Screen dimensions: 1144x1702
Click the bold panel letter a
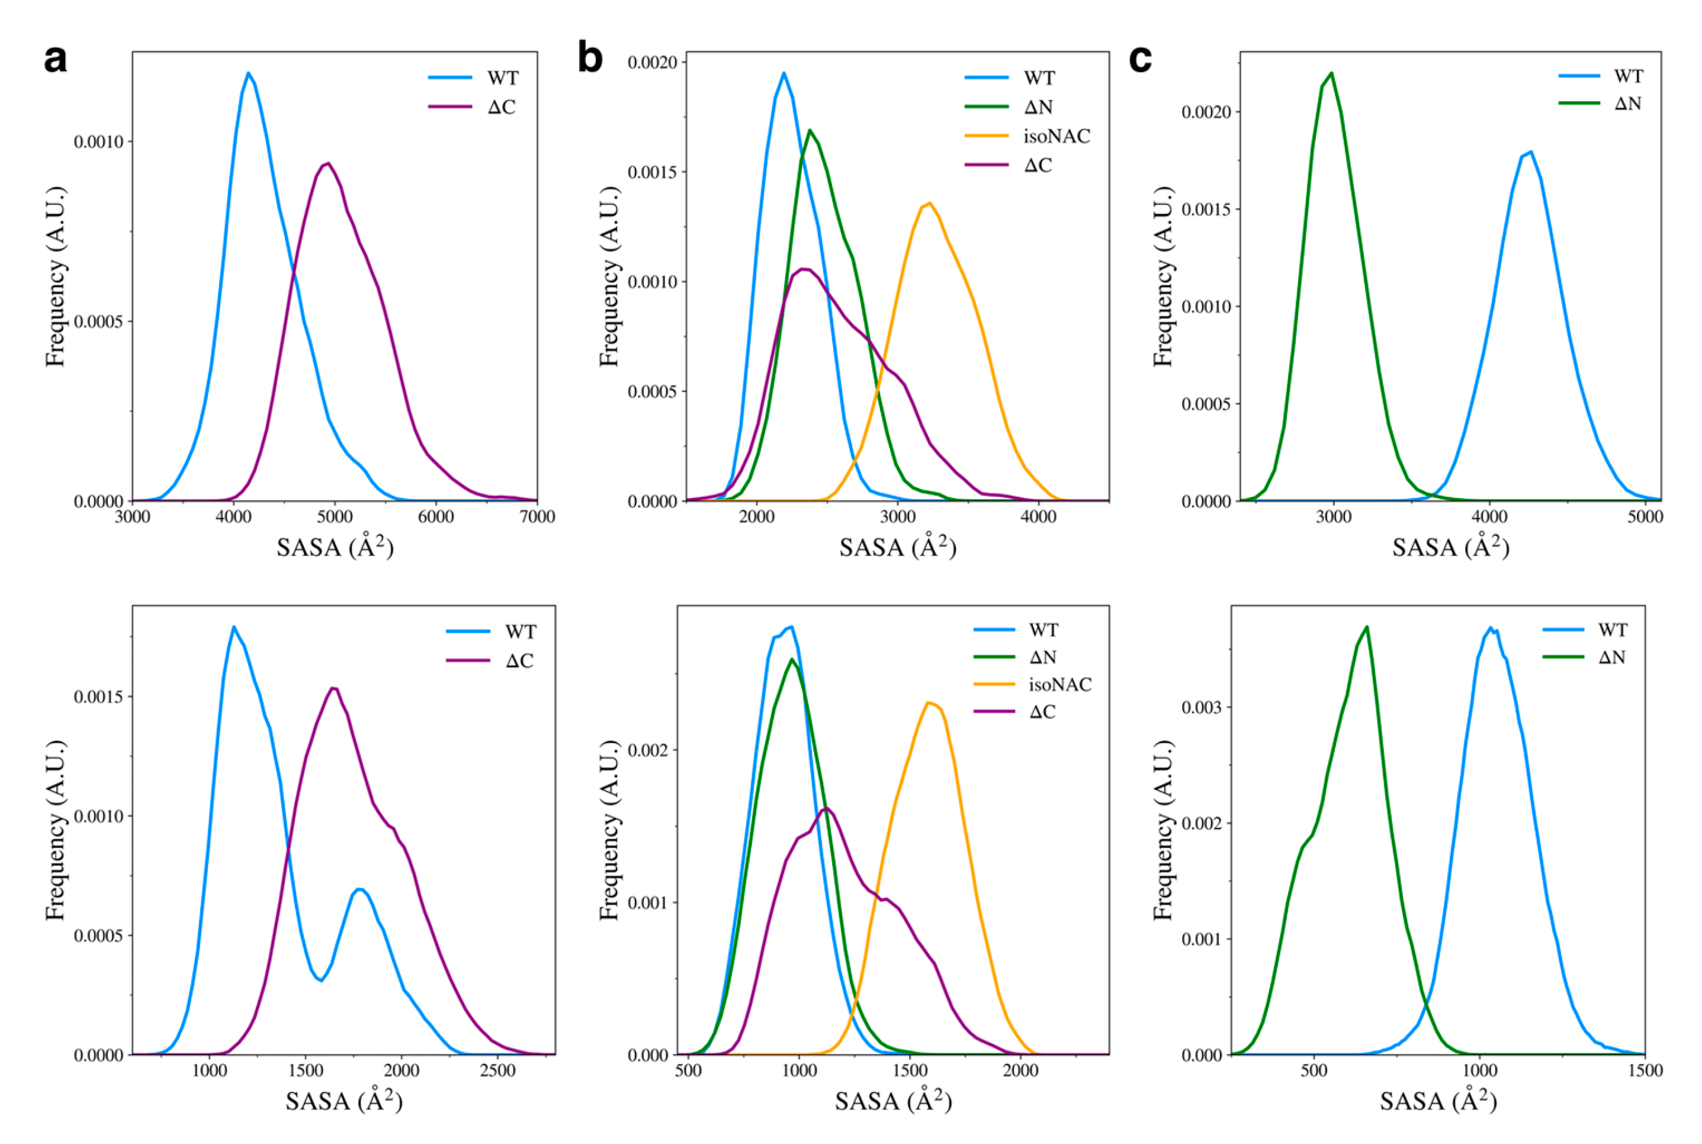point(56,59)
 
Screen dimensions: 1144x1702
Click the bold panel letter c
point(1140,59)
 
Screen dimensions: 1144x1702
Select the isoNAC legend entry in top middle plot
point(1056,136)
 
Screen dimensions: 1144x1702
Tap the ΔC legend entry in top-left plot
point(501,107)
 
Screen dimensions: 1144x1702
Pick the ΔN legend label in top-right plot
point(1627,104)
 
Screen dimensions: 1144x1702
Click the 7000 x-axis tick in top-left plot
point(537,516)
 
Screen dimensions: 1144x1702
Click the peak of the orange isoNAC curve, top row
point(929,203)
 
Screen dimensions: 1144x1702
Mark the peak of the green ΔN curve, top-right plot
point(1332,73)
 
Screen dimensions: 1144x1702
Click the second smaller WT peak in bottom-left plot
point(359,889)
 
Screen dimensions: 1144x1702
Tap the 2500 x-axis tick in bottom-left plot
point(497,1071)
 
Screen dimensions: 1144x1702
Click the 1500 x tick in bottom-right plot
point(1645,1071)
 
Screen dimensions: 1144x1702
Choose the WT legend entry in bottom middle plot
point(1043,629)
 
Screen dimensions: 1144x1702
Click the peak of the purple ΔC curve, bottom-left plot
point(333,687)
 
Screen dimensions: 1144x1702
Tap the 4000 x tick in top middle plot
point(1038,516)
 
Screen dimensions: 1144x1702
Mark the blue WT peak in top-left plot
point(248,72)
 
